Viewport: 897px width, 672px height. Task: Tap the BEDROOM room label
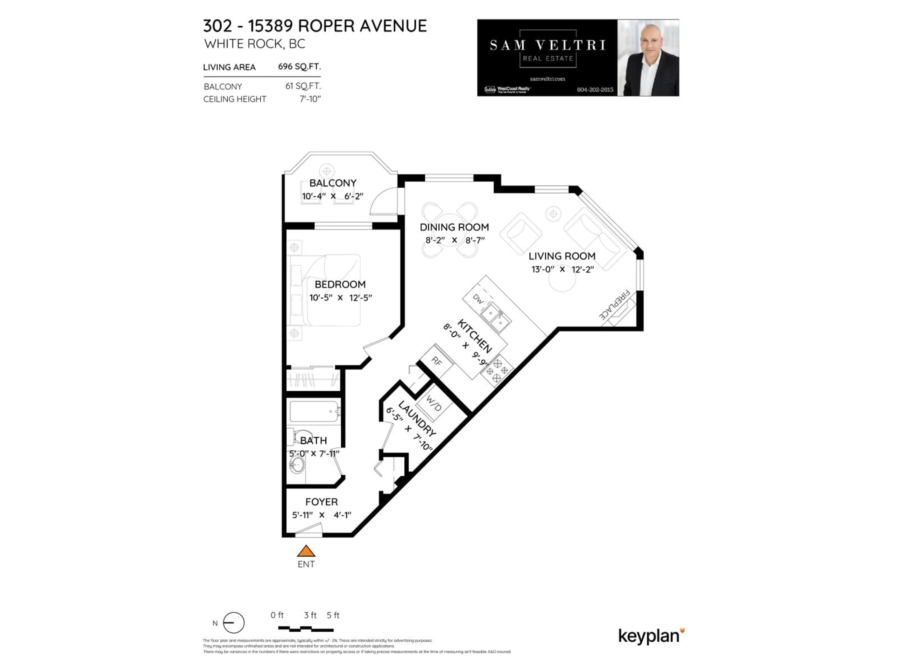tap(340, 284)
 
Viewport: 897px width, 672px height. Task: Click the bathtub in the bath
tap(314, 412)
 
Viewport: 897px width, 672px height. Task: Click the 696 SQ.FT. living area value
tap(299, 66)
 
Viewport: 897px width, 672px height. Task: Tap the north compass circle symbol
tap(234, 623)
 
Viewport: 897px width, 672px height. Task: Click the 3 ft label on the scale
tap(310, 615)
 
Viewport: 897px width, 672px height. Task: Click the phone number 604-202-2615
tap(595, 90)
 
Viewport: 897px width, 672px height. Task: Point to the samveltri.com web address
tap(548, 79)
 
